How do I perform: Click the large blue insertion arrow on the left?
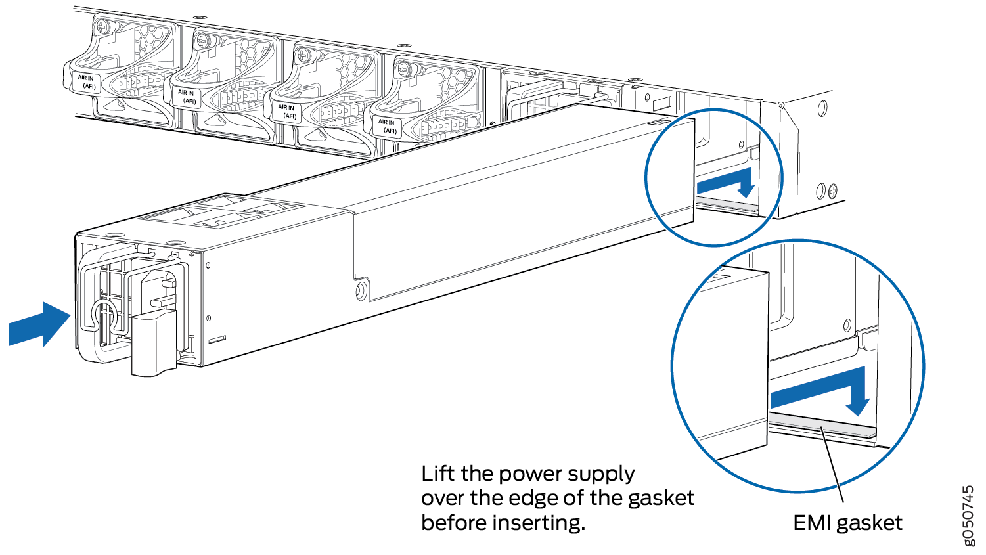point(39,324)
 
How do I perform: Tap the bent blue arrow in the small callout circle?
point(727,182)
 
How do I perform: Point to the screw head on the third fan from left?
point(303,55)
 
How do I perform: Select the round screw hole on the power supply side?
point(361,291)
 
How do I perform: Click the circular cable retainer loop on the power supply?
point(104,317)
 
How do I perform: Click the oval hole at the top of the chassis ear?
point(821,109)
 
